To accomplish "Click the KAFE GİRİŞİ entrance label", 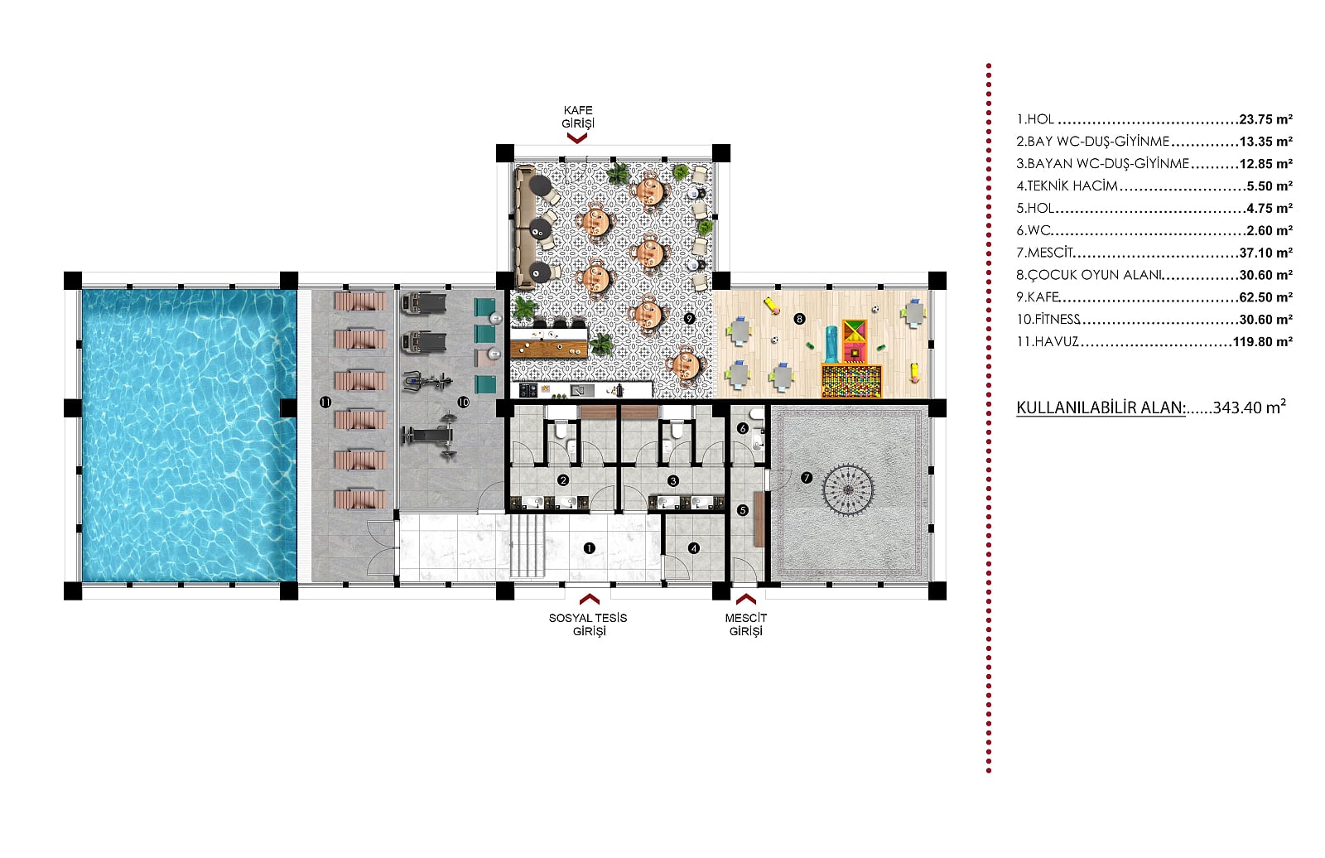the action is tap(578, 117).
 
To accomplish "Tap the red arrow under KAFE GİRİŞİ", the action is tap(576, 138).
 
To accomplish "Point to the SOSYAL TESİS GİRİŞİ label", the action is tap(589, 624).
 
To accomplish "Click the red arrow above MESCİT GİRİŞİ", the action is tap(746, 599).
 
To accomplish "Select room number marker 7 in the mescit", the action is tap(807, 478).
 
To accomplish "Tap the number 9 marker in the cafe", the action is tap(689, 318).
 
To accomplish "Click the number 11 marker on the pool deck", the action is tap(325, 402).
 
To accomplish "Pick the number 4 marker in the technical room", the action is tap(694, 548).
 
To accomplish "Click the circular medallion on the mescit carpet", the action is tap(848, 490).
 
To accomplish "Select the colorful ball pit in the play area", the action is tap(851, 380).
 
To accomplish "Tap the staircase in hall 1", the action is tap(527, 546).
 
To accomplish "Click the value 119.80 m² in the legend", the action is tap(1262, 341).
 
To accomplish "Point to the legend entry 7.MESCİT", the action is tap(1044, 253).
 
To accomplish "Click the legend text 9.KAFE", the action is tap(1038, 297).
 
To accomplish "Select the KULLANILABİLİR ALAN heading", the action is tap(1101, 407).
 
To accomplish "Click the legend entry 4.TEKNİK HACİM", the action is tap(1067, 186).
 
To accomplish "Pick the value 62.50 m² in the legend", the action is tap(1266, 297).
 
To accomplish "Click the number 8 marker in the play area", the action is tap(800, 319).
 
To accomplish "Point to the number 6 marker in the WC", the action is tap(743, 428).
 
